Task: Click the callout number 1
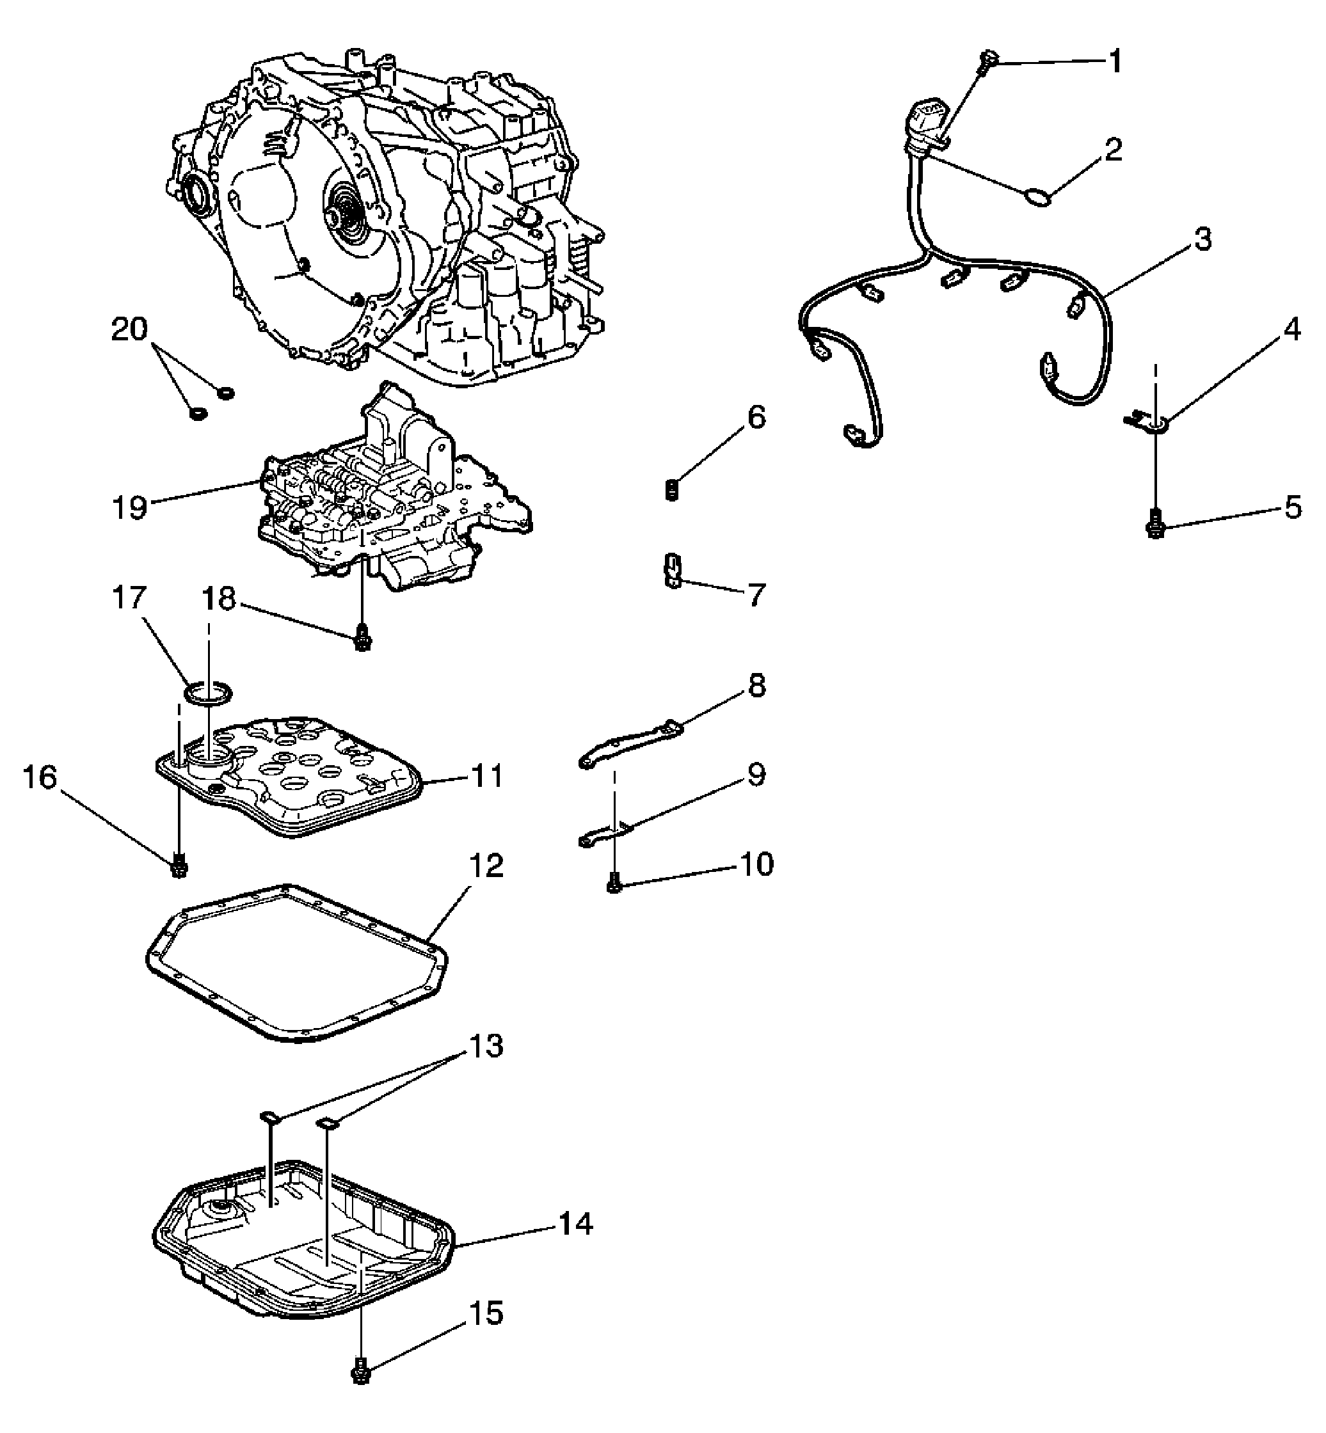pyautogui.click(x=1115, y=63)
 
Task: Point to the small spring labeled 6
pyautogui.click(x=671, y=491)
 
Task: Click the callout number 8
pyautogui.click(x=756, y=686)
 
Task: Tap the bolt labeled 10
pyautogui.click(x=614, y=882)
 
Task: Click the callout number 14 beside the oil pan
pyautogui.click(x=575, y=1224)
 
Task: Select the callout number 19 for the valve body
pyautogui.click(x=129, y=508)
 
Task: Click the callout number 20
pyautogui.click(x=129, y=329)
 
